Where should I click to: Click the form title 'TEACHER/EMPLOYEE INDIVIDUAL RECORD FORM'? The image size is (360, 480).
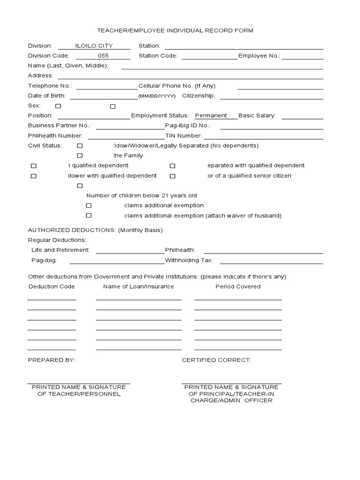[x=175, y=30]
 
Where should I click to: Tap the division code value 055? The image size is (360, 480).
[x=110, y=56]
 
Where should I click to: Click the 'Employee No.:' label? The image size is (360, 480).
[x=259, y=56]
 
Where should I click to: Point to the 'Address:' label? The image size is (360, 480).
[x=40, y=75]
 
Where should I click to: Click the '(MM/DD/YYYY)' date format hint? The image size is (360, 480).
[x=157, y=96]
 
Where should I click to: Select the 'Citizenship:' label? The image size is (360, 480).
[x=198, y=96]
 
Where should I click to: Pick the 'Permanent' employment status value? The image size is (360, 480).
[x=210, y=115]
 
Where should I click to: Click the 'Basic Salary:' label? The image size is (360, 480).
[x=257, y=115]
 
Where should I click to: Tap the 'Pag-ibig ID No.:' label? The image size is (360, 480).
[x=187, y=126]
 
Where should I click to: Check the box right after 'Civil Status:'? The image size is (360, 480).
[x=80, y=146]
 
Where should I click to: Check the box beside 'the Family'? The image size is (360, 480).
[x=80, y=156]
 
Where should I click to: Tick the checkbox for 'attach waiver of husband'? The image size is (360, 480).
[x=89, y=216]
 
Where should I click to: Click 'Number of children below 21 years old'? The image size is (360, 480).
[x=142, y=195]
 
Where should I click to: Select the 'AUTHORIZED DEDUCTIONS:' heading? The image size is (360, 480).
[x=72, y=230]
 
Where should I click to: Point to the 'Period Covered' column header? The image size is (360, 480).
[x=238, y=286]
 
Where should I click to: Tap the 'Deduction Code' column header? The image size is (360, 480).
[x=52, y=286]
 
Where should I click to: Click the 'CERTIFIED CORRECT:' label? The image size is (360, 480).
[x=216, y=360]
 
